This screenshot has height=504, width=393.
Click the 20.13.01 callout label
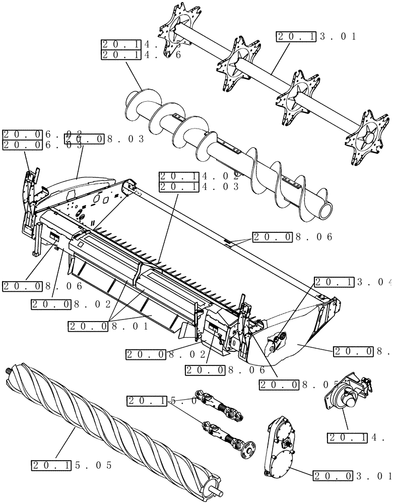[x=316, y=36]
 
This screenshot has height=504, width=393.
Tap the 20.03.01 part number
[x=352, y=475]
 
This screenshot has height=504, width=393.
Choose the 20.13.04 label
[x=352, y=283]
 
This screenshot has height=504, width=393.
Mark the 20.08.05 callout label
[x=297, y=385]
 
